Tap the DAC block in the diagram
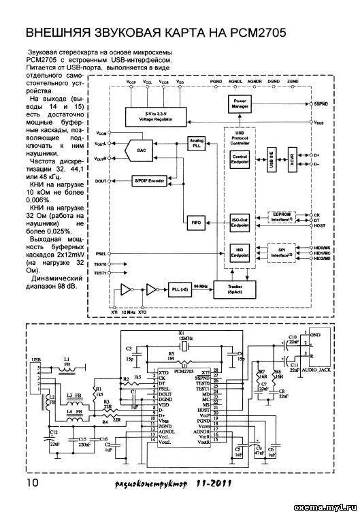(141, 150)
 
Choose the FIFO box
(195, 223)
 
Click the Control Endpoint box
(240, 158)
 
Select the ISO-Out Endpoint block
(240, 223)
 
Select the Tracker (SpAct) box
(235, 289)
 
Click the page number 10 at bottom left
(32, 483)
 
